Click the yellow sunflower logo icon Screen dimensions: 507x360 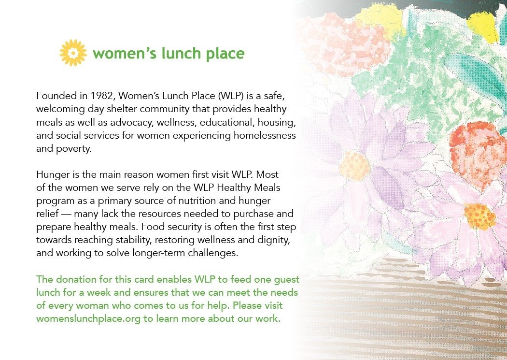(x=73, y=53)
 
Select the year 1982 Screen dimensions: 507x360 (x=102, y=96)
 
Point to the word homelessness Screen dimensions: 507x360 (x=265, y=135)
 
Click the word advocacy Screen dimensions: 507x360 (x=131, y=123)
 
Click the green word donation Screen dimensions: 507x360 (x=75, y=279)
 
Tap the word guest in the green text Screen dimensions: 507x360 (x=287, y=280)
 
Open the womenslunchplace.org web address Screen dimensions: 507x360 (x=88, y=319)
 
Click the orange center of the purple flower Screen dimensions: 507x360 (x=354, y=166)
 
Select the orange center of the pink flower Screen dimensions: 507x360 (x=479, y=216)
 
